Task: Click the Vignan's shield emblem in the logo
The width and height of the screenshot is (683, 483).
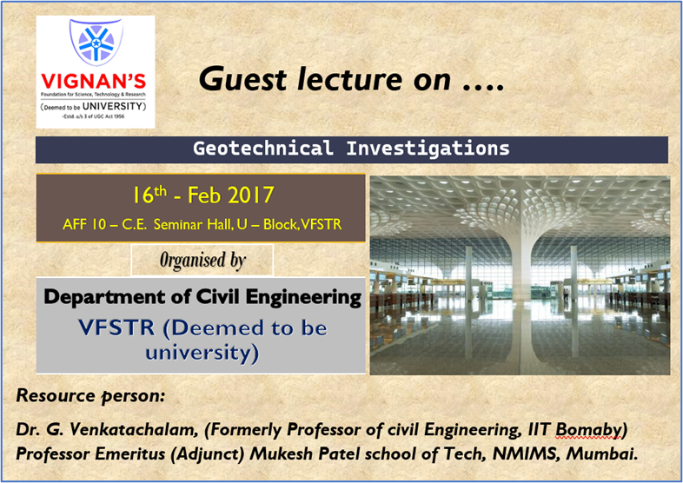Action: click(96, 44)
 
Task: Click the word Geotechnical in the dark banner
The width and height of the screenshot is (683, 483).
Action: click(263, 149)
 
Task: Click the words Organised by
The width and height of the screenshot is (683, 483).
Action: click(202, 260)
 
